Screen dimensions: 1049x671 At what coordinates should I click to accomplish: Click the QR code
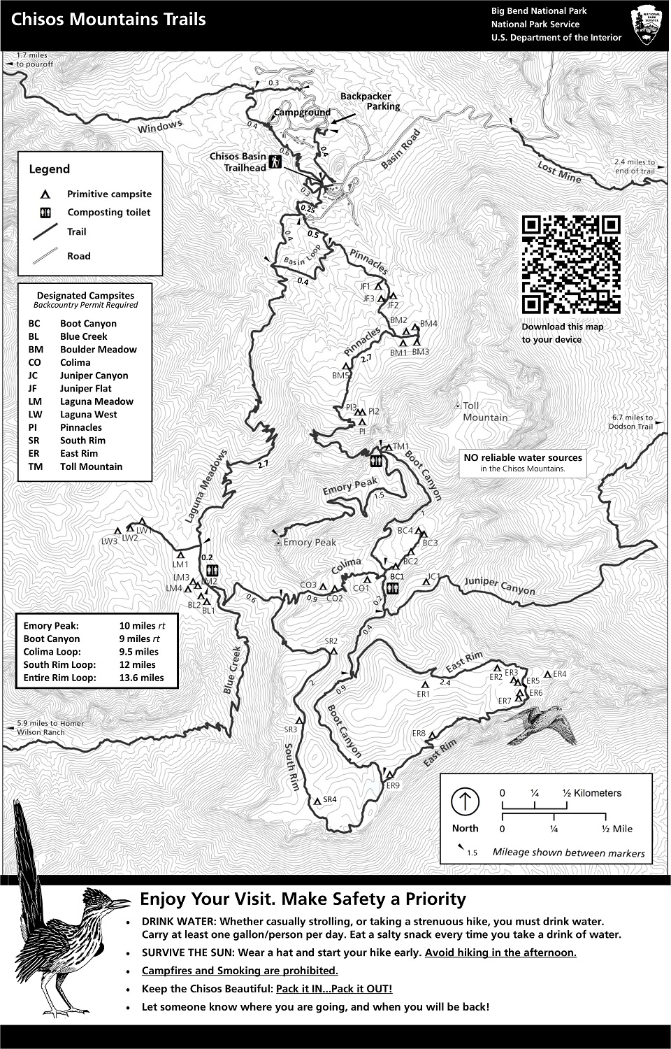571,264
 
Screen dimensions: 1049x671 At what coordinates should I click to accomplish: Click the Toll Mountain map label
484,411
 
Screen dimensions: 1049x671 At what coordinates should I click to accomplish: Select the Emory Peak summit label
310,542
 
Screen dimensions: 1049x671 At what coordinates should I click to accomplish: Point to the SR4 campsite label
329,799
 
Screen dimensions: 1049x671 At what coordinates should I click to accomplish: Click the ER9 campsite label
393,785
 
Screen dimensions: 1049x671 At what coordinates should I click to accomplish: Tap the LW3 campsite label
109,541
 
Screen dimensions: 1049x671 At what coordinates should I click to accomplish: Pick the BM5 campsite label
340,376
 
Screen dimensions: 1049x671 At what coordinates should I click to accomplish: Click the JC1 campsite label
433,576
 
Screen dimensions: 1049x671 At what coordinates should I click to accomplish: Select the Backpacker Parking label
370,101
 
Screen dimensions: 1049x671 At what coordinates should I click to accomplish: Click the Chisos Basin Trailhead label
238,162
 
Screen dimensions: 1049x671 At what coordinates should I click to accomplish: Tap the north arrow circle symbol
465,801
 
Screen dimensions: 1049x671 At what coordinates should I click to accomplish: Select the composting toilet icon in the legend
44,212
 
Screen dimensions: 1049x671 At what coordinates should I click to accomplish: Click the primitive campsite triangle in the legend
44,194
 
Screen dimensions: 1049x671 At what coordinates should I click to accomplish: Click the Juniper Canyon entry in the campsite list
94,376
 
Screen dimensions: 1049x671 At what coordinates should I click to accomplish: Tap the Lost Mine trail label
559,172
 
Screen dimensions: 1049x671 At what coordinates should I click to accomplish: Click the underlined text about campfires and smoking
240,971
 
